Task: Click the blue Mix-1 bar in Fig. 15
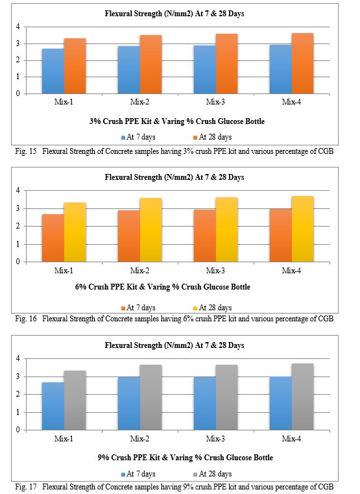[53, 71]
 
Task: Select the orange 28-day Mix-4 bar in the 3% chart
[302, 64]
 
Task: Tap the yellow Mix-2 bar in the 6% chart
[150, 230]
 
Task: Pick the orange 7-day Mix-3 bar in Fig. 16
[205, 236]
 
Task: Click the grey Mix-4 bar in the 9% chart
[302, 397]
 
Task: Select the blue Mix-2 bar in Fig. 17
[129, 403]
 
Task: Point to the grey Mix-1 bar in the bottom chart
[75, 400]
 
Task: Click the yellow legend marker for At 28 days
[195, 308]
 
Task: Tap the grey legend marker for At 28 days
[195, 475]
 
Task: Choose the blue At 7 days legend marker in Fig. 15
[123, 138]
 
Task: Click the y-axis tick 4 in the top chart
[18, 27]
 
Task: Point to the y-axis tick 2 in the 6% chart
[18, 226]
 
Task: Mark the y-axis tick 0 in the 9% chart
[18, 430]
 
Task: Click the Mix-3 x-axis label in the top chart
[215, 102]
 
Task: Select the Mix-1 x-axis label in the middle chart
[64, 271]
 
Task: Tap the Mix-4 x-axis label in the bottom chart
[291, 439]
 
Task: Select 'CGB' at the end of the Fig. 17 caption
[326, 487]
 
